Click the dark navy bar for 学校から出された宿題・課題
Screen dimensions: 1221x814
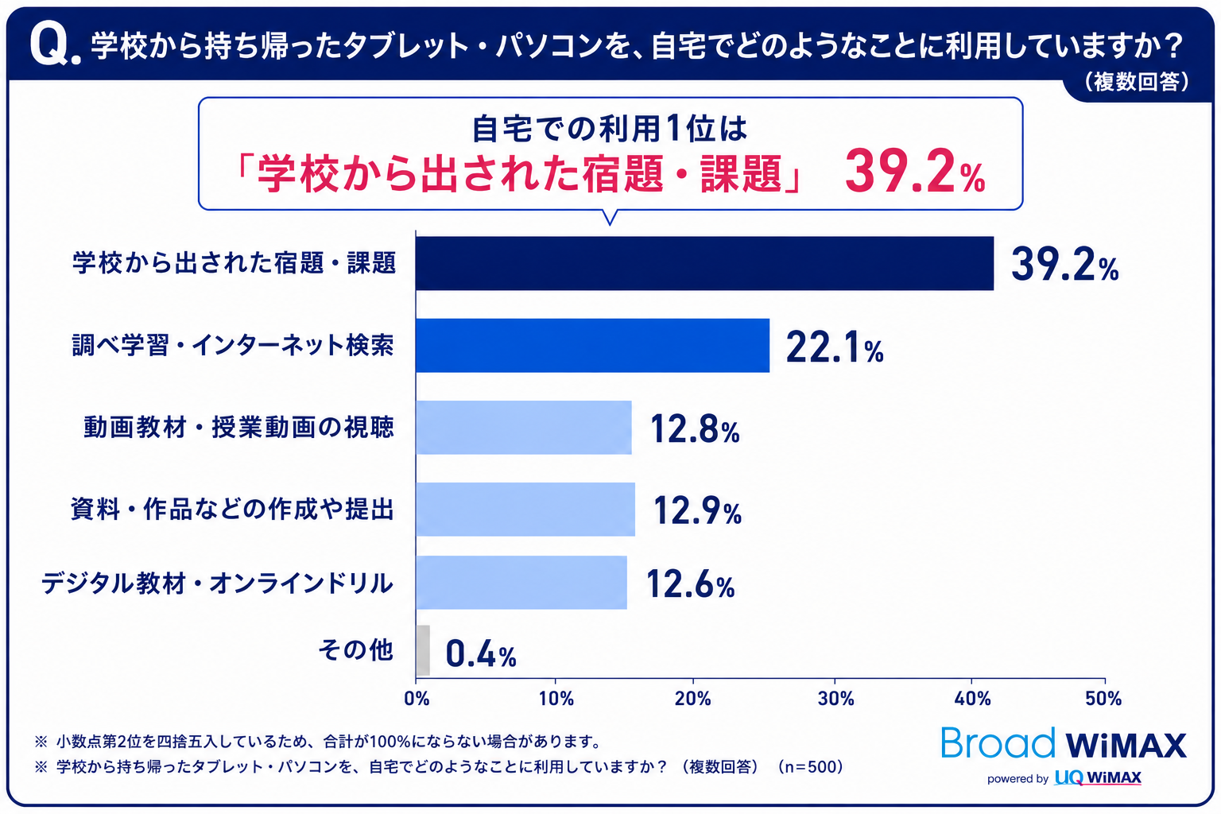(704, 263)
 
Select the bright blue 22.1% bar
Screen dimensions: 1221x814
(592, 346)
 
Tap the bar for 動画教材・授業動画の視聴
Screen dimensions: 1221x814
(524, 428)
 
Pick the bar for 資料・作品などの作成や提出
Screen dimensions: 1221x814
(525, 510)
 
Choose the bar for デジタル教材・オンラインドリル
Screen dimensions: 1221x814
(521, 583)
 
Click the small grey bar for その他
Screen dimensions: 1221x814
(423, 650)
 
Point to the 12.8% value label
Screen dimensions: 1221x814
(695, 429)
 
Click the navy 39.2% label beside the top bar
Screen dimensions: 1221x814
(1064, 266)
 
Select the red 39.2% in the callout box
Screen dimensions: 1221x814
(915, 172)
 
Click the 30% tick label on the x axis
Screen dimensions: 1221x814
(835, 699)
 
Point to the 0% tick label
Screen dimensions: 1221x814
(417, 699)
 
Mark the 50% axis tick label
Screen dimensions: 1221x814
(1103, 699)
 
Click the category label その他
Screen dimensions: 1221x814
(355, 649)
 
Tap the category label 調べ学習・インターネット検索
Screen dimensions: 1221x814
(233, 345)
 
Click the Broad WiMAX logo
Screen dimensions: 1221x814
(1064, 742)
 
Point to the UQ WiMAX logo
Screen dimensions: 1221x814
(1098, 777)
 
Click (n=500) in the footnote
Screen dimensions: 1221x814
(811, 767)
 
